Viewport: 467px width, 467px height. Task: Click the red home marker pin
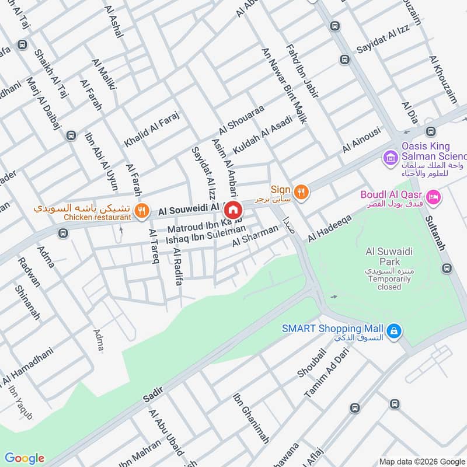click(233, 209)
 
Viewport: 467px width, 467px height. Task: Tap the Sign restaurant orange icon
click(301, 191)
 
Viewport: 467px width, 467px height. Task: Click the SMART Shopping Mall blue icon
click(395, 331)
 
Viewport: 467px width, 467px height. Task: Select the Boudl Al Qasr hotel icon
click(433, 197)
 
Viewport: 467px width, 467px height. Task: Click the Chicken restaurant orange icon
click(141, 211)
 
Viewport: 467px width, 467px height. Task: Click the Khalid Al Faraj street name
click(151, 128)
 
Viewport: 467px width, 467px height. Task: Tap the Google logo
click(24, 458)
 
